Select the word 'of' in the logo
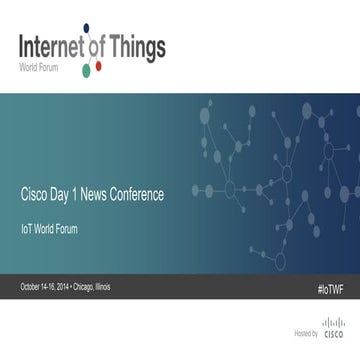pyautogui.click(x=101, y=47)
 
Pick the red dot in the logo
pyautogui.click(x=98, y=68)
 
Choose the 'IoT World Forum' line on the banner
pyautogui.click(x=49, y=229)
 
